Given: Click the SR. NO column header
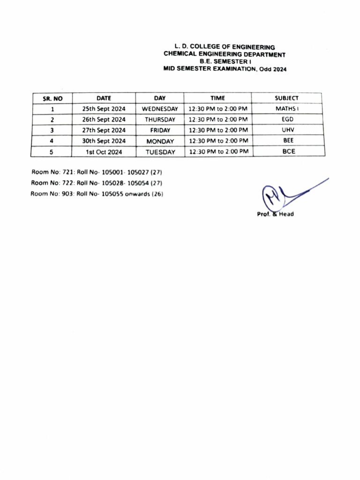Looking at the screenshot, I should point(52,98).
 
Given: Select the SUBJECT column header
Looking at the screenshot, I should point(286,98).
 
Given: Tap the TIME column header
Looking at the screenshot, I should point(217,98).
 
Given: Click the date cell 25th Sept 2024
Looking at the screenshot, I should point(104,109).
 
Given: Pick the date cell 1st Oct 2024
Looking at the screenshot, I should point(104,152).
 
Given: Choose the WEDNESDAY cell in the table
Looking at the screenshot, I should point(160,109).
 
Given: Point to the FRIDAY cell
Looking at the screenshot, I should point(160,130).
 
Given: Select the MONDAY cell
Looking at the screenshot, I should point(160,141).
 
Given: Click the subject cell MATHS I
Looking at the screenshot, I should point(287,108).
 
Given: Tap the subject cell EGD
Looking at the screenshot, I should point(287,119).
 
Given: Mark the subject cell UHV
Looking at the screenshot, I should point(287,130).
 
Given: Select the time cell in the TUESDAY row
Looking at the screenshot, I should point(217,151).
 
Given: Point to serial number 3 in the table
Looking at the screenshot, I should point(52,130).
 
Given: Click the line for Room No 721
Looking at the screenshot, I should point(97,172).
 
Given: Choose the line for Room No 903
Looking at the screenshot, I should point(97,194).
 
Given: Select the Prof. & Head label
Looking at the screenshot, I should point(275,214).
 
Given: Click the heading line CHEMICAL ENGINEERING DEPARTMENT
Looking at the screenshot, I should point(225,54).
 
